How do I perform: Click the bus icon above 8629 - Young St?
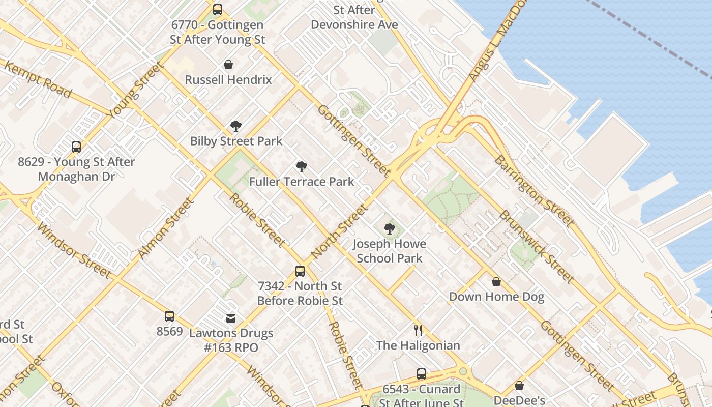point(76,147)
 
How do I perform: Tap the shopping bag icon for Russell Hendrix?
point(228,65)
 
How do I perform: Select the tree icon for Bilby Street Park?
point(235,126)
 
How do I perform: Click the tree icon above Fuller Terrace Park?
point(302,166)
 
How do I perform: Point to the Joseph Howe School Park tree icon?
point(390,229)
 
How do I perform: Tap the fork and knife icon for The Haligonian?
point(418,331)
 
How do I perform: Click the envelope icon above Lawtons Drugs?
point(231,318)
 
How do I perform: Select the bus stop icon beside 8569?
point(169,316)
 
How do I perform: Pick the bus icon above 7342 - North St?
point(300,271)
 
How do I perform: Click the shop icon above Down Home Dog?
point(496,282)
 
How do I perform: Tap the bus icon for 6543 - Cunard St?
point(422,374)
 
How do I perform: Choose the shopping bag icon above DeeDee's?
point(519,386)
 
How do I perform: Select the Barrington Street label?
point(533,191)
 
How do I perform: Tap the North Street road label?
point(339,231)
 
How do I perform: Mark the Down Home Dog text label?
point(496,297)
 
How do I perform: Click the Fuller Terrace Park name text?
point(302,182)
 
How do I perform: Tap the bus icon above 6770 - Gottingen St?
point(218,10)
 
